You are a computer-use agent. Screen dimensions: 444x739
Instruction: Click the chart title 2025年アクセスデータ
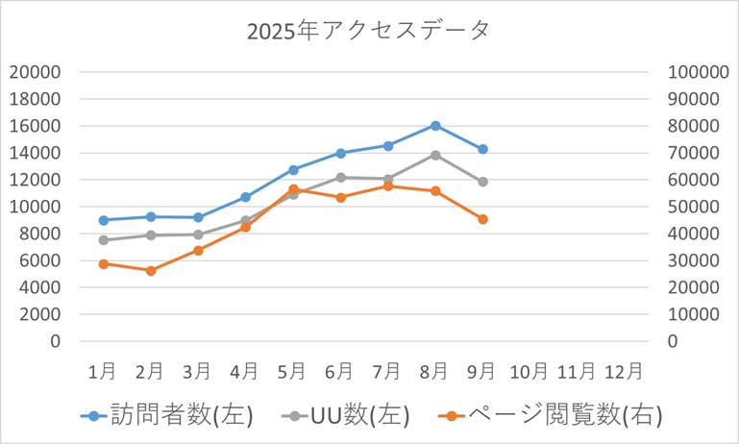pos(368,31)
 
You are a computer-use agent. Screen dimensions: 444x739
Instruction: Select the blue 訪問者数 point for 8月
pos(435,126)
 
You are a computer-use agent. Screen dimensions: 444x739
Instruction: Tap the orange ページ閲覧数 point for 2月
pos(151,271)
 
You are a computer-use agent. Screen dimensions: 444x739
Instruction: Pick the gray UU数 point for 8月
pos(435,155)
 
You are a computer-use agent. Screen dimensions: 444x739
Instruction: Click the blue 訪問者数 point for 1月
pos(103,220)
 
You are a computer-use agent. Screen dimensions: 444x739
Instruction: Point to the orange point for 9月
pos(482,219)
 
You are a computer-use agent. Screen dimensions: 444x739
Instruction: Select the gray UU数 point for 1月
pos(103,240)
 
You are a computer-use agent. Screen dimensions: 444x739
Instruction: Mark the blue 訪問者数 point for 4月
pos(246,197)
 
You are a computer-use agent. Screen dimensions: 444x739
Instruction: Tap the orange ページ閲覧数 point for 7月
pos(388,186)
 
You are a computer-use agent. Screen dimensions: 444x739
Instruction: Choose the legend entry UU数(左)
pos(347,415)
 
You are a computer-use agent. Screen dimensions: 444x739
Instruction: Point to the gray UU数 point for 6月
pos(340,178)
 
